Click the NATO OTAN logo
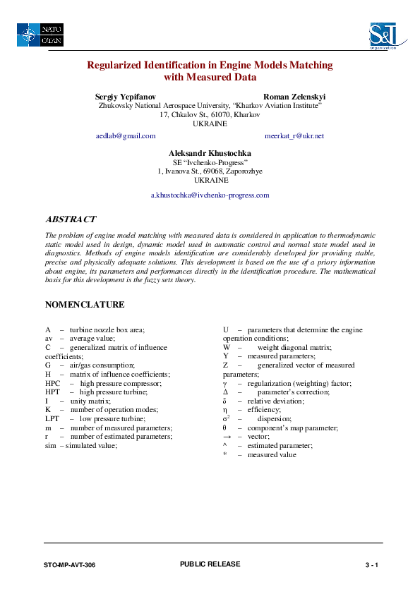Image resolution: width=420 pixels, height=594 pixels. point(41,35)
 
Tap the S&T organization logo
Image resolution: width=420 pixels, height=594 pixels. point(383,35)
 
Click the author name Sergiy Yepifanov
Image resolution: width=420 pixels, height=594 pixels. point(126,96)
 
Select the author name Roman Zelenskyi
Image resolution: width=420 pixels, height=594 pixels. point(294,96)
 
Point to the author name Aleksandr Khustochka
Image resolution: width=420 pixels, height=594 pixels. point(210,153)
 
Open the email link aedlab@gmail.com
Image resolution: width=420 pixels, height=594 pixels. point(126,135)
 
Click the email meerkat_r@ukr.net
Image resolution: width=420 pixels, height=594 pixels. point(294,135)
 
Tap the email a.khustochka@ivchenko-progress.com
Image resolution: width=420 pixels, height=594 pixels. point(210,195)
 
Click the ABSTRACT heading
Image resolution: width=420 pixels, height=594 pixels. point(71,219)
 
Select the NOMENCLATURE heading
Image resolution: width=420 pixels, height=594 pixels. point(85,305)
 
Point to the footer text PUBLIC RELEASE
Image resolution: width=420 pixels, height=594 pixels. point(210,564)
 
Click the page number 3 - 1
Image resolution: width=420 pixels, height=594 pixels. point(372,566)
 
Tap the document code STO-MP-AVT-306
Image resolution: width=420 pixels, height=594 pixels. point(69,566)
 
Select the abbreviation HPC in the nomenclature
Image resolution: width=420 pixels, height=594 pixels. point(52,383)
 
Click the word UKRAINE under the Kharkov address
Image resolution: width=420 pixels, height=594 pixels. point(210,123)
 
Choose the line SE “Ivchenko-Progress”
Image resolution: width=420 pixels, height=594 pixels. point(210,162)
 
